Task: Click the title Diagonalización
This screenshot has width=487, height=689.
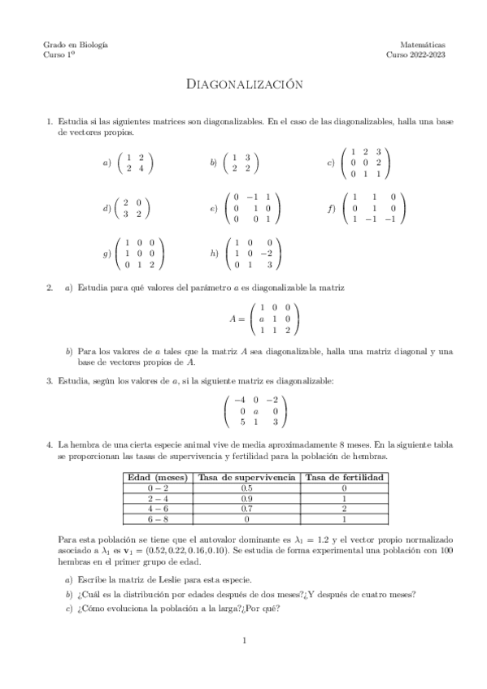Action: coord(243,84)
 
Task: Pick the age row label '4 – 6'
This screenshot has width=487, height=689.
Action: coord(158,508)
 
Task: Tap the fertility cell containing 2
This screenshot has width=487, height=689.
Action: coord(344,508)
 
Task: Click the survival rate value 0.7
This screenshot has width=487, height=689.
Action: coord(246,508)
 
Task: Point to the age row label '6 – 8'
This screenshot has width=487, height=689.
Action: coord(158,518)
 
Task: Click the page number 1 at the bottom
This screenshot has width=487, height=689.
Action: coord(244,641)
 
